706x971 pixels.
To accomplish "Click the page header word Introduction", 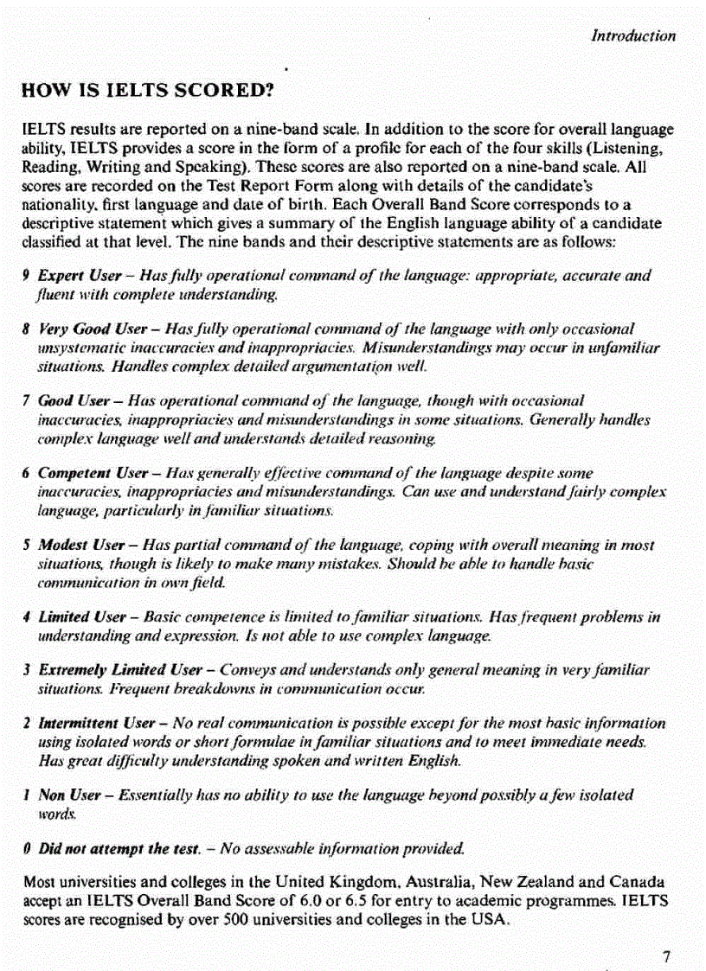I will click(x=632, y=35).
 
